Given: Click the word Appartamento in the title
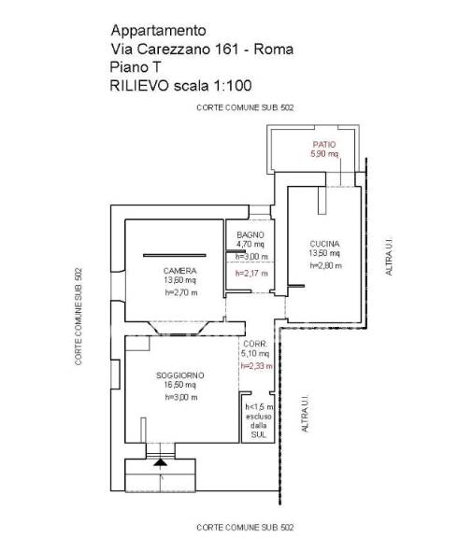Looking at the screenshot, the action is (158, 31).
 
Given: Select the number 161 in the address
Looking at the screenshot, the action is (225, 49).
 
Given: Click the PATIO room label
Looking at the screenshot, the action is (324, 145).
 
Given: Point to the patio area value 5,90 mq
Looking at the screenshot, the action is (324, 154).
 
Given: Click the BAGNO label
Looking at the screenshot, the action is (250, 234).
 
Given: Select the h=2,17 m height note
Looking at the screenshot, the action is (251, 273).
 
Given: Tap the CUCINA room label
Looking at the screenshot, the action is (324, 244).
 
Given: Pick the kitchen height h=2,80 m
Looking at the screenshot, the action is (326, 265).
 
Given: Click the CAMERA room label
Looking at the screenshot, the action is (179, 271).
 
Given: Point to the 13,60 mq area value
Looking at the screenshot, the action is (179, 280).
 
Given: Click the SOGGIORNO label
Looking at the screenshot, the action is (180, 375).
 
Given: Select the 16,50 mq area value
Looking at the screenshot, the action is (180, 385).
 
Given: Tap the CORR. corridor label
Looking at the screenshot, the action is (255, 344).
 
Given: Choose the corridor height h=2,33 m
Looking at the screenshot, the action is (256, 366).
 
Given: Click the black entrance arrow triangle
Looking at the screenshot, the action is (160, 462).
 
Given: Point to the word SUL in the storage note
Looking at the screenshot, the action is (259, 435).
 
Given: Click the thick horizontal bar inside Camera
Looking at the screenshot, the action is (175, 256).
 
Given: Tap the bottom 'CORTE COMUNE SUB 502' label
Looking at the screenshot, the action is (245, 528).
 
